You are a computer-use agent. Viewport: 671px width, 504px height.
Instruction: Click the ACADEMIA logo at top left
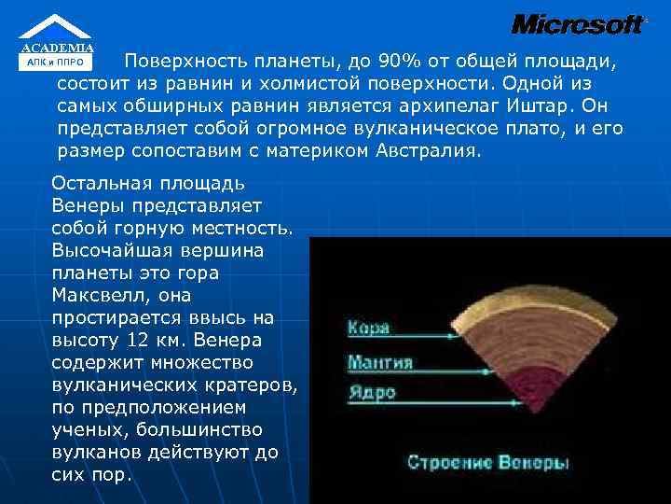(x=57, y=42)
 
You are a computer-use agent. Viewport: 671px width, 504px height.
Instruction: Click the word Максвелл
(x=93, y=295)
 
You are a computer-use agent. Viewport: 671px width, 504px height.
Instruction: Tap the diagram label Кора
(x=368, y=328)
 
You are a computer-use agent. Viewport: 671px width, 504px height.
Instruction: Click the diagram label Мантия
(x=380, y=360)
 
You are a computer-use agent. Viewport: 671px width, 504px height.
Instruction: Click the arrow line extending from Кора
(x=438, y=328)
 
